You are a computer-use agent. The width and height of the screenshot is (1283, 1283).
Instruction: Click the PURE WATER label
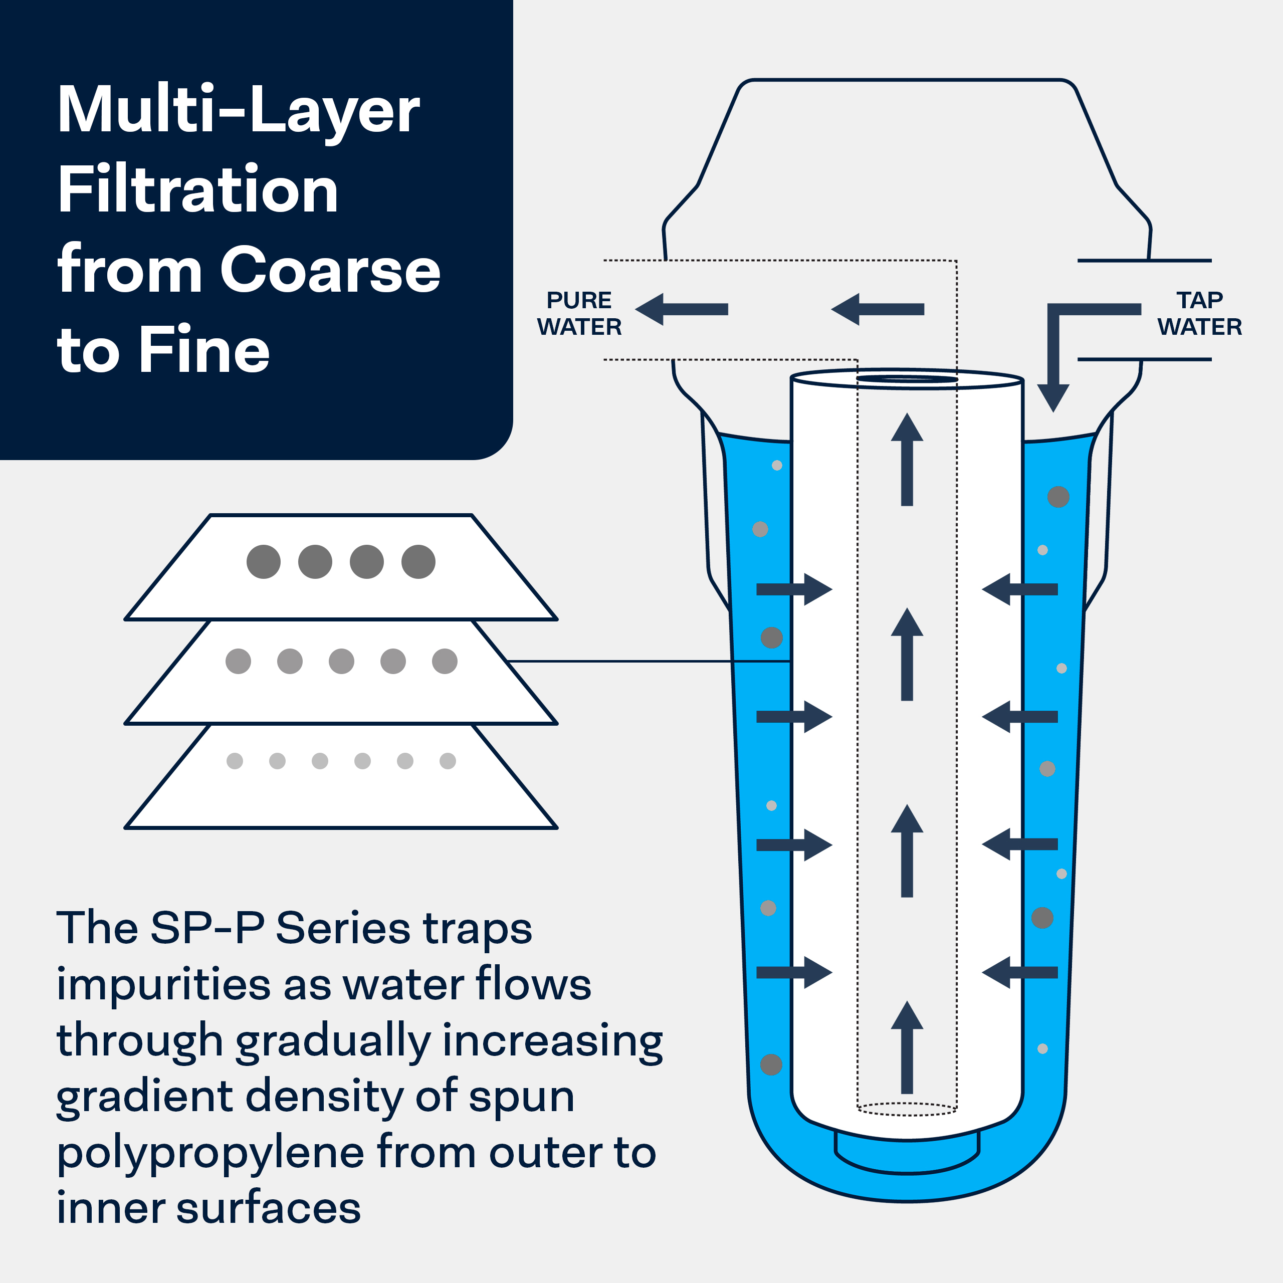[x=579, y=313]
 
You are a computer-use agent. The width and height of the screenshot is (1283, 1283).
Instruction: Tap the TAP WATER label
[x=1199, y=313]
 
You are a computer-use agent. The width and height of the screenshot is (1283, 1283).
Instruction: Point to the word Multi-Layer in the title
[x=238, y=110]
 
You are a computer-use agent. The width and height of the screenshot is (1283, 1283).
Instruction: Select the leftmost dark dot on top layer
[x=264, y=562]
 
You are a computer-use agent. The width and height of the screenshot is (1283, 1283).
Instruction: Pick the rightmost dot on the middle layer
[x=444, y=661]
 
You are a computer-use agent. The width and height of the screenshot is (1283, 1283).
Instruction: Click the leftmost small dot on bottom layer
[x=235, y=761]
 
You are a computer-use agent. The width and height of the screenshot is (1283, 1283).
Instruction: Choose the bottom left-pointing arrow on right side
[x=1020, y=972]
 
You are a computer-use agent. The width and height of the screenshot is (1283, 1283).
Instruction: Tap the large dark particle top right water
[x=1058, y=497]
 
